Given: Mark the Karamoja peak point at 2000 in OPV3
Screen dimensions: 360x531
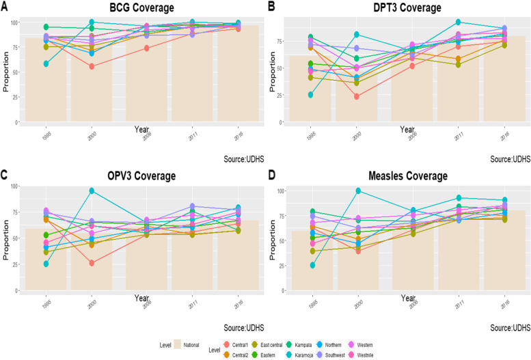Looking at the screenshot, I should (x=91, y=191).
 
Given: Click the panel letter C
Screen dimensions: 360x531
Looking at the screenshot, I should (x=5, y=174).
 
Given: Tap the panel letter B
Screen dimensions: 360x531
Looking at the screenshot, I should (x=271, y=6).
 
